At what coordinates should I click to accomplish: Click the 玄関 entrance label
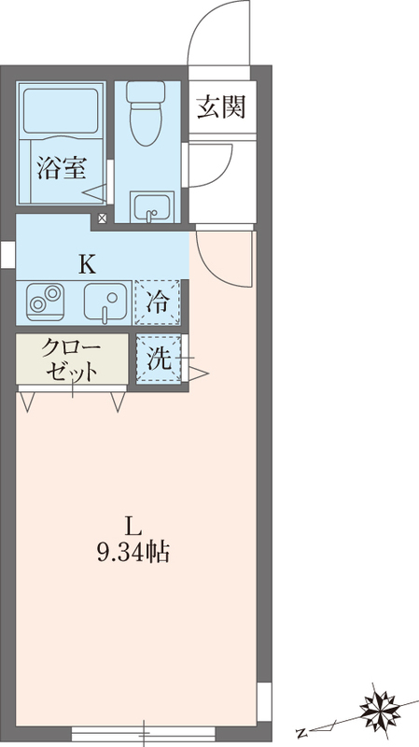(x=221, y=107)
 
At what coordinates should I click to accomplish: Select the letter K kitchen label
(x=86, y=263)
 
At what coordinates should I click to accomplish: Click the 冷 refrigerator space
(x=159, y=301)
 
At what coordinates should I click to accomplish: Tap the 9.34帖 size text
(x=133, y=554)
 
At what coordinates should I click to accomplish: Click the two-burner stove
(x=43, y=301)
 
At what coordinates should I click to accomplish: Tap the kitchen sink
(x=107, y=302)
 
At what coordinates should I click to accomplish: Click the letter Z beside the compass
(x=300, y=731)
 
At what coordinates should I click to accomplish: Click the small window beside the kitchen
(x=7, y=252)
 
